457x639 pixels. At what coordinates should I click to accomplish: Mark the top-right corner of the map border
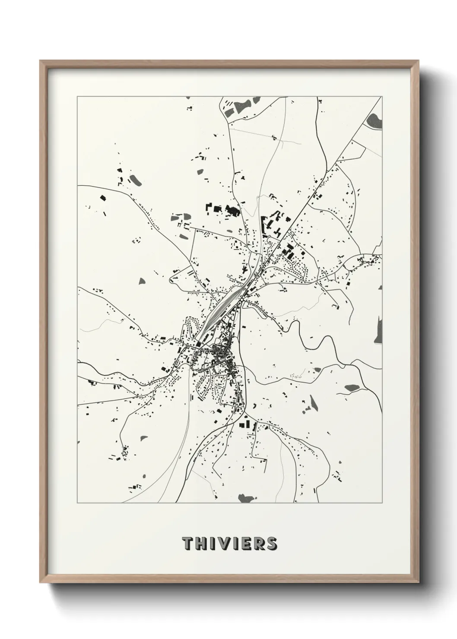[x=382, y=97]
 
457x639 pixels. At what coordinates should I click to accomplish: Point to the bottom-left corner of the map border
[x=77, y=503]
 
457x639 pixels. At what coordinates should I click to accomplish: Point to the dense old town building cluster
[x=220, y=355]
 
